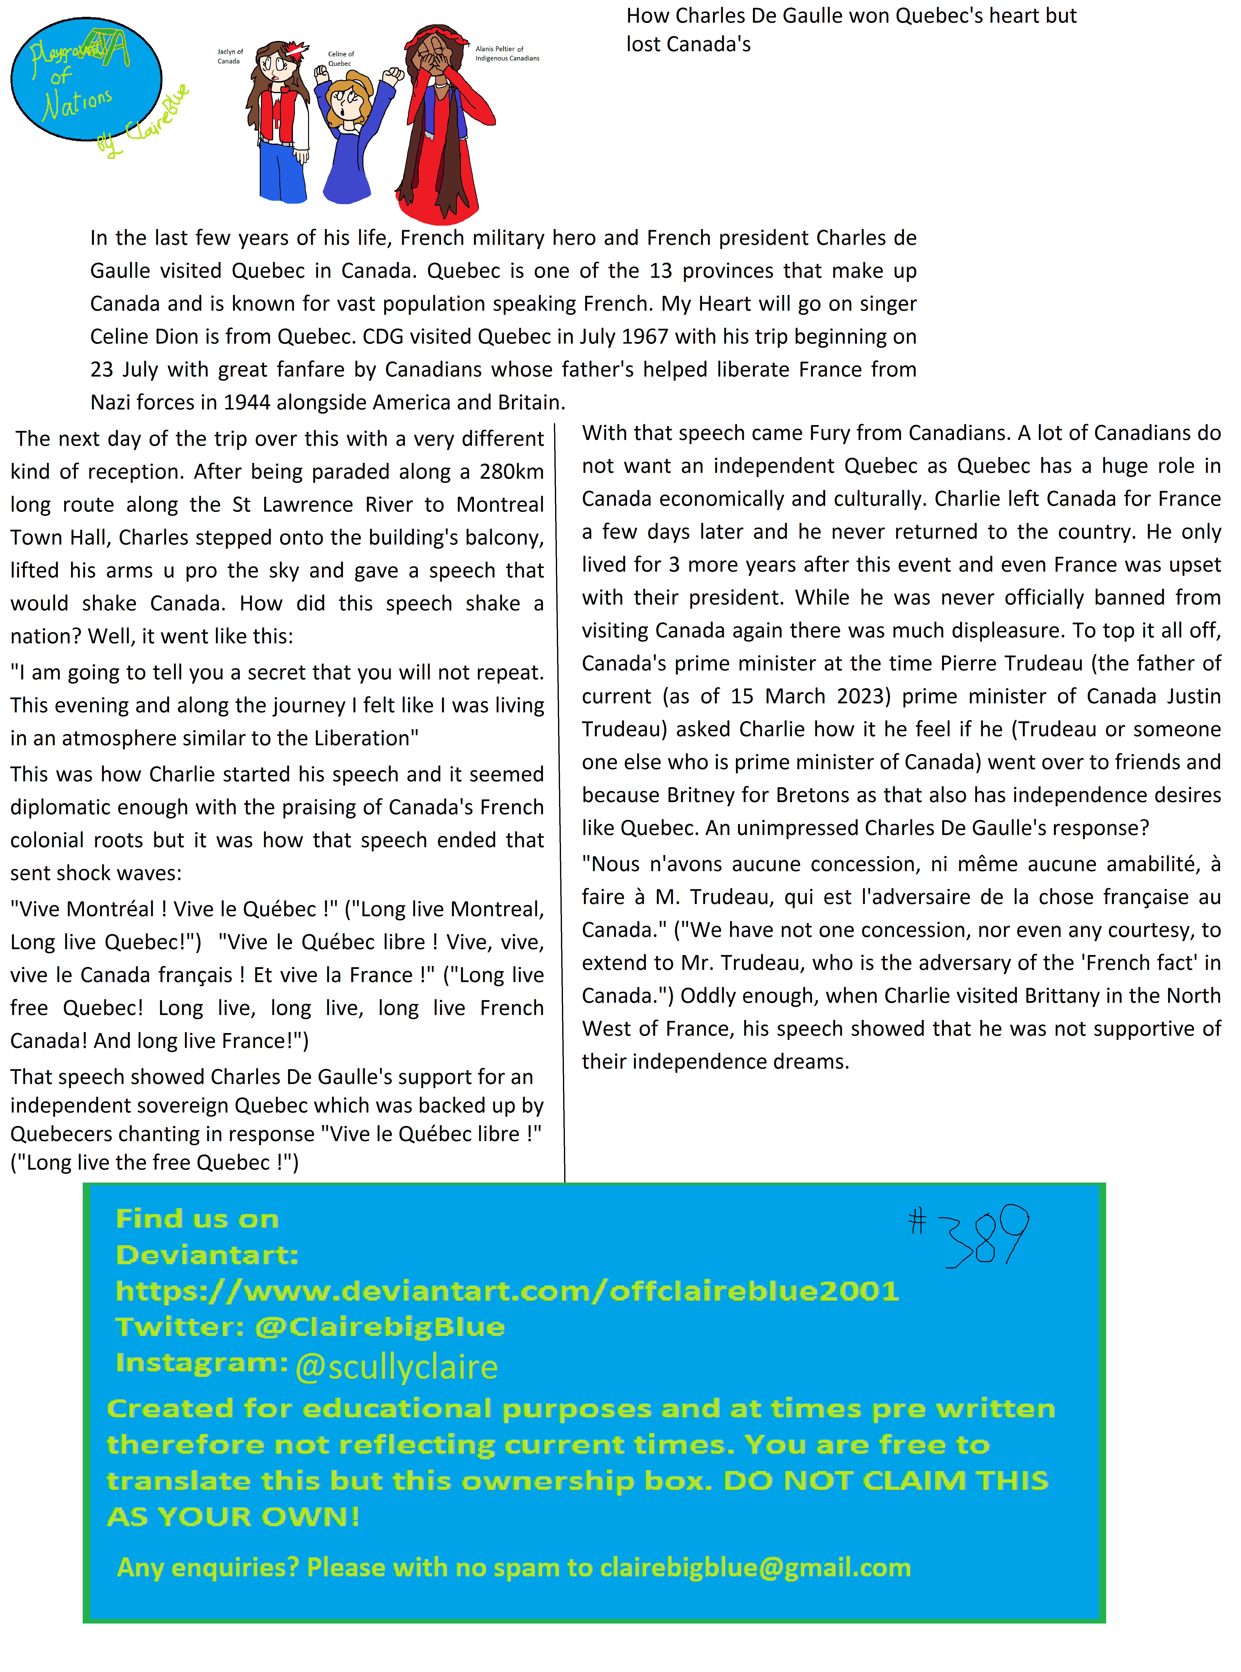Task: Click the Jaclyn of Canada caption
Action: click(x=230, y=56)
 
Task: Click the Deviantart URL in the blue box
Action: click(x=507, y=1290)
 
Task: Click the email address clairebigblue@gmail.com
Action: click(x=755, y=1568)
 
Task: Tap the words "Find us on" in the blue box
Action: click(x=197, y=1218)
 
